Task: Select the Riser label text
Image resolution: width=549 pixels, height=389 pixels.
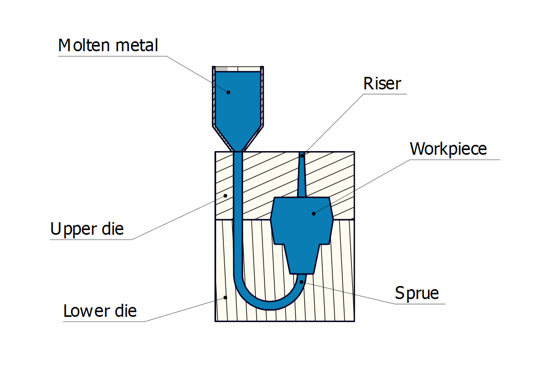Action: [x=382, y=84]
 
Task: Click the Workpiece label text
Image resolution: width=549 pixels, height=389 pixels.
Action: [x=448, y=149]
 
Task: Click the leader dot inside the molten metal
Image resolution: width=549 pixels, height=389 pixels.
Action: [x=228, y=92]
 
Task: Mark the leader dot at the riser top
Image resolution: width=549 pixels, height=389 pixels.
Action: [x=302, y=155]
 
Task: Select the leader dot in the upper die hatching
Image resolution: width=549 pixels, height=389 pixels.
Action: [x=225, y=196]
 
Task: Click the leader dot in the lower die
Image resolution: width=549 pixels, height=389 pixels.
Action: [x=225, y=298]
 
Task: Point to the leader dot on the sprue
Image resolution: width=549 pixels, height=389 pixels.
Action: [x=302, y=282]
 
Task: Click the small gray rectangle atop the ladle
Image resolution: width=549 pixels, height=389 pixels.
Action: [x=221, y=68]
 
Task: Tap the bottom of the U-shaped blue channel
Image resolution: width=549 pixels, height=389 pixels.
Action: [x=269, y=306]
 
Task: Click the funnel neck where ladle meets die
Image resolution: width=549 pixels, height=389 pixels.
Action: [x=238, y=150]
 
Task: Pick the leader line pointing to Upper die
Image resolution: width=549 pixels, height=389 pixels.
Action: [x=177, y=218]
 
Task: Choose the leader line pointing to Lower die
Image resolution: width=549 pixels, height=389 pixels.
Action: [x=183, y=310]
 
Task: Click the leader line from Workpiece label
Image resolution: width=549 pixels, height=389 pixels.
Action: [x=360, y=186]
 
